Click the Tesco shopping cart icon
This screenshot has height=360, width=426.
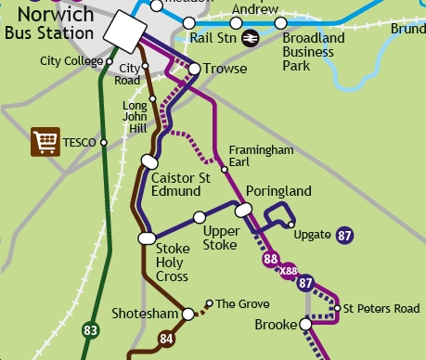click(x=45, y=142)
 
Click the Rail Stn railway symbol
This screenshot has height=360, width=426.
click(x=249, y=38)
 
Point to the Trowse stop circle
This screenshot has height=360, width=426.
click(x=195, y=69)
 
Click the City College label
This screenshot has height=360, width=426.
click(x=72, y=61)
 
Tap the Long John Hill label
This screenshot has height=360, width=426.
click(x=136, y=118)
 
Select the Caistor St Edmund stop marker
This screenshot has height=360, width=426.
click(x=148, y=161)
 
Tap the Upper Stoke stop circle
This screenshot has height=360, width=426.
click(x=199, y=217)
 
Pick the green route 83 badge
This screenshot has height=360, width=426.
click(x=90, y=329)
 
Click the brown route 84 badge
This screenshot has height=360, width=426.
click(x=167, y=339)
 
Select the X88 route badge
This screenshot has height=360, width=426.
click(x=289, y=272)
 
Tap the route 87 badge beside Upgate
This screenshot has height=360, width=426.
click(x=345, y=235)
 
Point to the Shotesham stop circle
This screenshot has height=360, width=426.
click(x=188, y=314)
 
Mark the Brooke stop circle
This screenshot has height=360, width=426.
click(x=304, y=324)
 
